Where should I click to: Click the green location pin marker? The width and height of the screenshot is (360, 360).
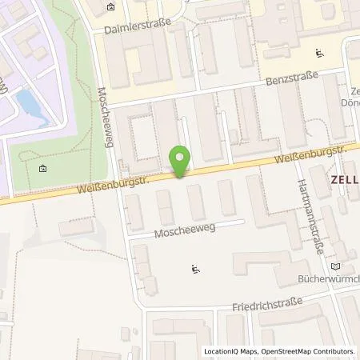click(182, 161)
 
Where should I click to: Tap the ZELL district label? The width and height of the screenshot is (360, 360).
click(344, 180)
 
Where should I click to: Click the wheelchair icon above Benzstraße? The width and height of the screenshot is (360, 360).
click(320, 54)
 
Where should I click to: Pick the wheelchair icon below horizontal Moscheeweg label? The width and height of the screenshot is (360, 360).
click(194, 269)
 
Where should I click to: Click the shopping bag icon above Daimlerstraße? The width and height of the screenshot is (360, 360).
click(110, 8)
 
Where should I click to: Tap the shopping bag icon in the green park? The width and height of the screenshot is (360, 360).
click(42, 168)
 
